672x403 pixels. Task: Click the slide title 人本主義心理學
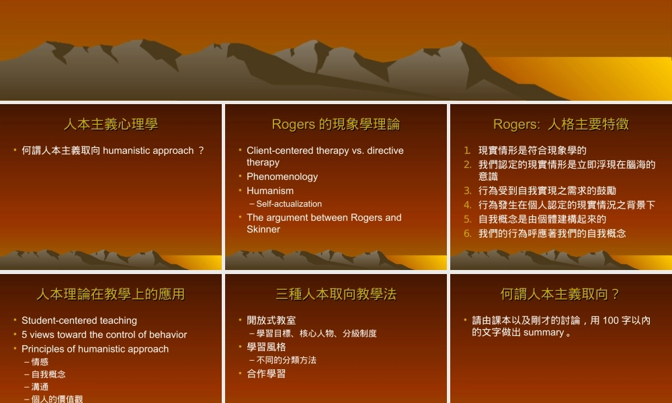(111, 124)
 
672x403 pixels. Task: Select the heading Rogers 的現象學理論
(335, 124)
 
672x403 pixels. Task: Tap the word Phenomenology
(282, 177)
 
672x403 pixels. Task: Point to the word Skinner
(263, 229)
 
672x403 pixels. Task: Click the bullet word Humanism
(270, 191)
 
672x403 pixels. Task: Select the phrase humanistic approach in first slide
(148, 150)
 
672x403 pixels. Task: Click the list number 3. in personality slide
(468, 191)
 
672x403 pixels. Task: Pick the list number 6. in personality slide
(468, 234)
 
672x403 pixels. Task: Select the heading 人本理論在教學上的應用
(111, 294)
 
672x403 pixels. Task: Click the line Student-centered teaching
(79, 320)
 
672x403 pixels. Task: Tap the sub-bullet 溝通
(40, 387)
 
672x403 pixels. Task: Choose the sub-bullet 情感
(40, 361)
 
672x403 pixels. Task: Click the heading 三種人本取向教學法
(335, 294)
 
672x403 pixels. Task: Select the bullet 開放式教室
(271, 320)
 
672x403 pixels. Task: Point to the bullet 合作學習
(266, 373)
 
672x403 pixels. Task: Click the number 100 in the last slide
(611, 320)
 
